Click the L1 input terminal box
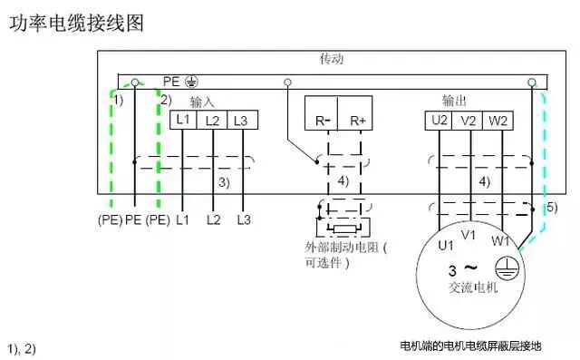(183, 120)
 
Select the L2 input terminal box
(211, 120)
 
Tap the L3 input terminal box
(242, 120)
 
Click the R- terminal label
(323, 121)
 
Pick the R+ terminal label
(358, 121)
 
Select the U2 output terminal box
(439, 121)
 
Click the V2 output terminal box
(468, 121)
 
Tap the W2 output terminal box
(498, 121)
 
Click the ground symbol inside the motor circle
(507, 268)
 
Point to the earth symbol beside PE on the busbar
(191, 82)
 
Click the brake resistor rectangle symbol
(344, 229)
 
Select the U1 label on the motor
(445, 246)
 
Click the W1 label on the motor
(500, 241)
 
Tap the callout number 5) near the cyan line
(552, 208)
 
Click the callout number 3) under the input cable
(224, 182)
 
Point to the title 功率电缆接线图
(76, 24)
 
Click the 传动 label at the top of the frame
(332, 59)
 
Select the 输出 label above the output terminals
(454, 101)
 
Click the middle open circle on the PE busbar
(287, 83)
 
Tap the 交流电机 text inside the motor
(473, 287)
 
